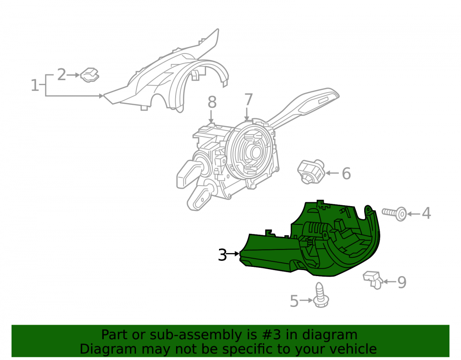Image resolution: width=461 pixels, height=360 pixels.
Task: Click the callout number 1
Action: [35, 85]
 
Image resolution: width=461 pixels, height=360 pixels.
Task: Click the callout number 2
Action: [61, 75]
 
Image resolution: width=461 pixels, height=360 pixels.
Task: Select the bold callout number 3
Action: [222, 255]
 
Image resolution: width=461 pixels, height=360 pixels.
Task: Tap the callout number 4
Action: [426, 213]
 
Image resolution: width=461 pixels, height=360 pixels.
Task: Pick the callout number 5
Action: [294, 301]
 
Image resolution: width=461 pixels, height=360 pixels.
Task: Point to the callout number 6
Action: [346, 173]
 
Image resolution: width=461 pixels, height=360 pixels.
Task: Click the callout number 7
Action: [248, 100]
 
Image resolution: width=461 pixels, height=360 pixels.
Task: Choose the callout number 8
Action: [212, 102]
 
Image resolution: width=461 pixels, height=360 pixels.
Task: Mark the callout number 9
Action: [402, 282]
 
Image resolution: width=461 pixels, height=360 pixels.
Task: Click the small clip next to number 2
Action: [90, 75]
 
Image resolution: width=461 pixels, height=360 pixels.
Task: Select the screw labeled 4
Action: [395, 213]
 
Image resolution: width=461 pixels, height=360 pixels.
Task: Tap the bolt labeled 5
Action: [320, 295]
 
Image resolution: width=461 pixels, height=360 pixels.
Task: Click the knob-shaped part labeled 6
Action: [311, 171]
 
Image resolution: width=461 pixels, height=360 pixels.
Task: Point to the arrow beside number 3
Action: [234, 254]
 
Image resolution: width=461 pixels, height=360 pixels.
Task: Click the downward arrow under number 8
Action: [211, 116]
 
